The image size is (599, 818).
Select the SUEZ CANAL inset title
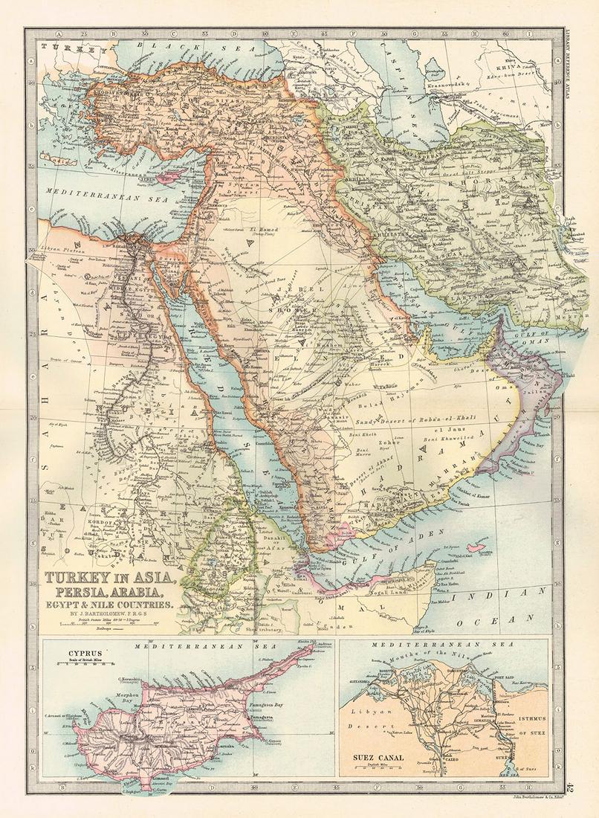click(378, 759)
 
